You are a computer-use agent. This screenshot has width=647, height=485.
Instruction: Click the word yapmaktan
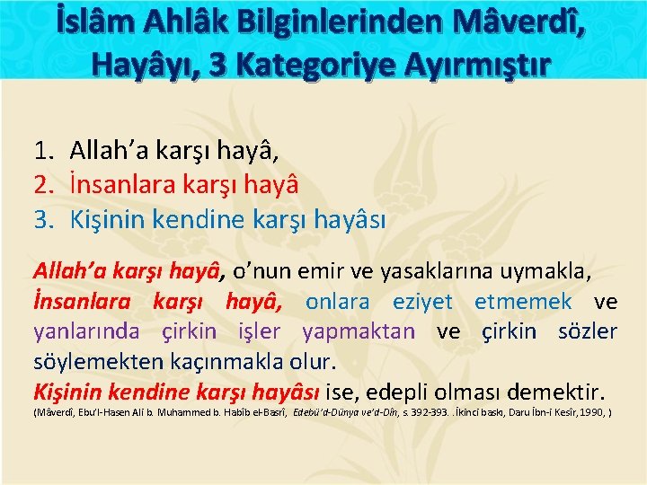pyautogui.click(x=359, y=331)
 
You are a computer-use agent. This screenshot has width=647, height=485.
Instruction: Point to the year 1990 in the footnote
pyautogui.click(x=591, y=414)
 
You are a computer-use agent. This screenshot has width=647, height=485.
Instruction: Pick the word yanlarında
pyautogui.click(x=86, y=331)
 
